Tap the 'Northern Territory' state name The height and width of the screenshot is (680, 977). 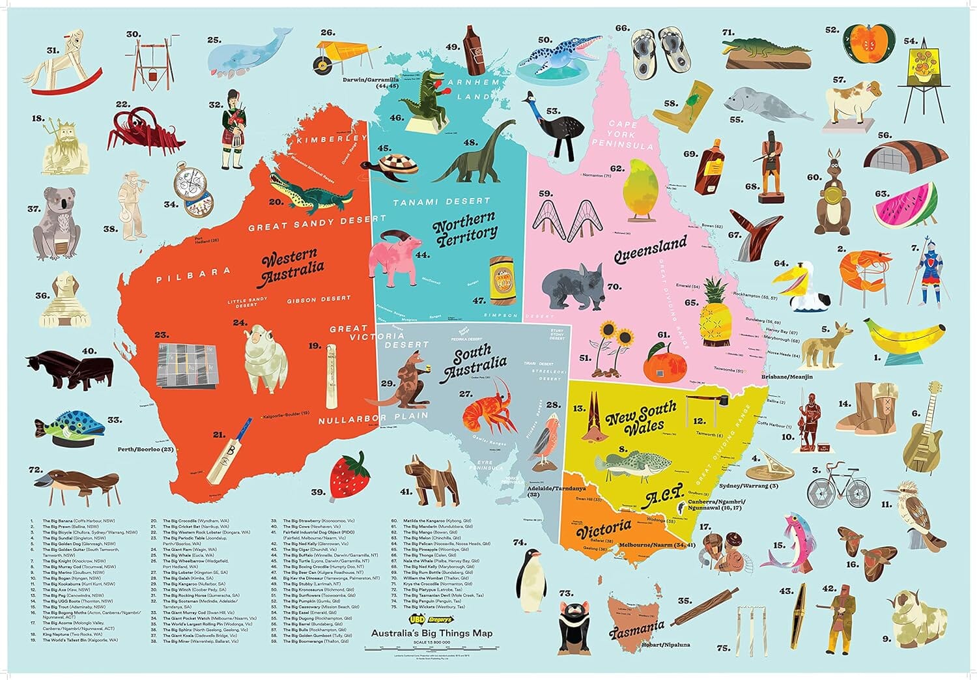click(465, 229)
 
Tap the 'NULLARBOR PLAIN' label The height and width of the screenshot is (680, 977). click(373, 417)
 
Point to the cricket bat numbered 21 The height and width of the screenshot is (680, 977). click(229, 450)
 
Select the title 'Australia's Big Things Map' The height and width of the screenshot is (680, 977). click(432, 633)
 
